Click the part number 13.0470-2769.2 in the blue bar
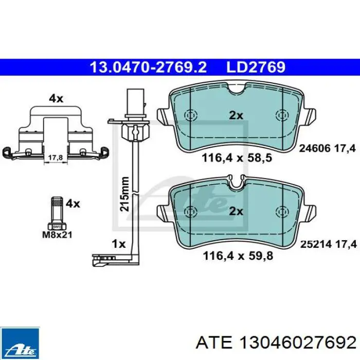coord(148,67)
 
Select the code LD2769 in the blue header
coord(256,67)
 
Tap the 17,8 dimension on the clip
coord(56,158)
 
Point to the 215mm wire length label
coord(124,194)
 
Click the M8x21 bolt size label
coord(57,235)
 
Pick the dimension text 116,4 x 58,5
coord(237,158)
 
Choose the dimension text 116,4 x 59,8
coord(238,256)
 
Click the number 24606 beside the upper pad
coord(315,148)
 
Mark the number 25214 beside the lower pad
coord(316,244)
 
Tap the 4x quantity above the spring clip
coord(56,99)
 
